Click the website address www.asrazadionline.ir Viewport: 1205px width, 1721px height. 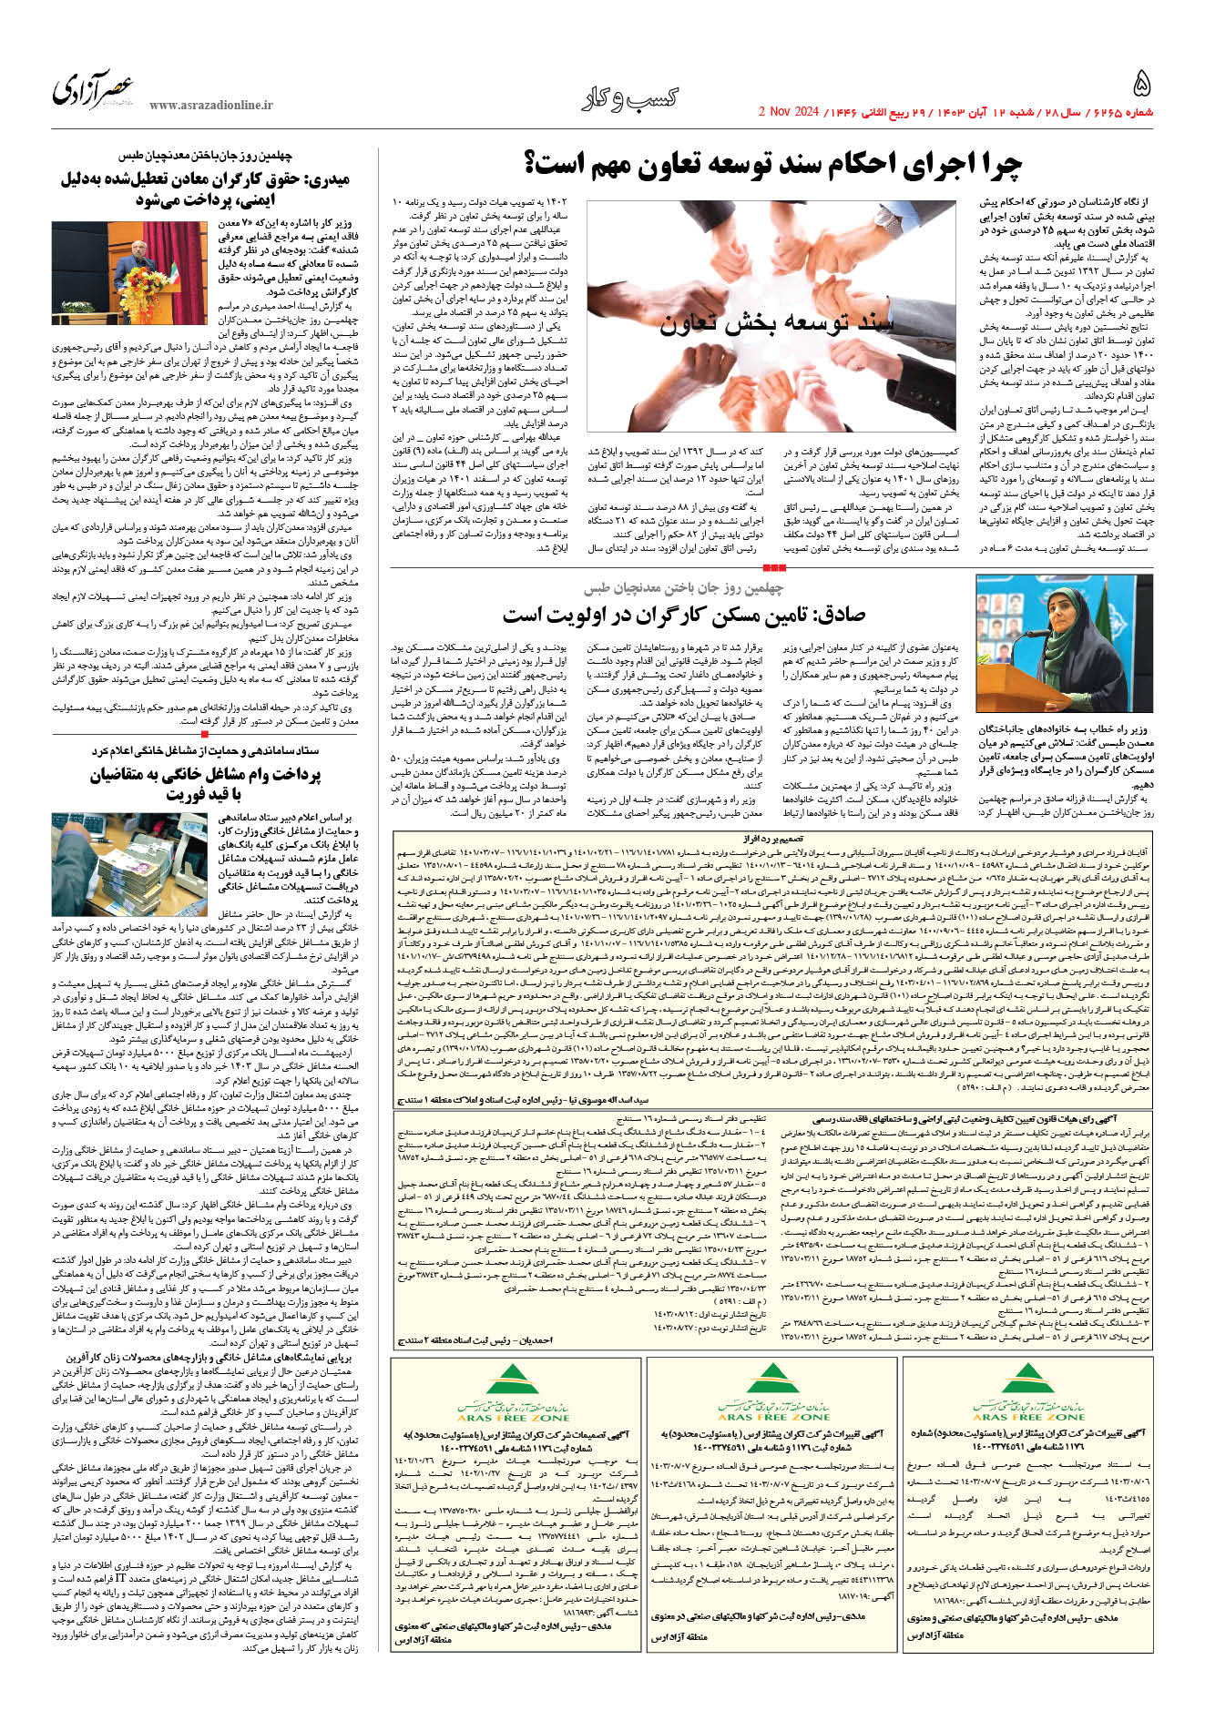[x=211, y=106]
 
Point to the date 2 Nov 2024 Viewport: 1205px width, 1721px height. [x=789, y=113]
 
